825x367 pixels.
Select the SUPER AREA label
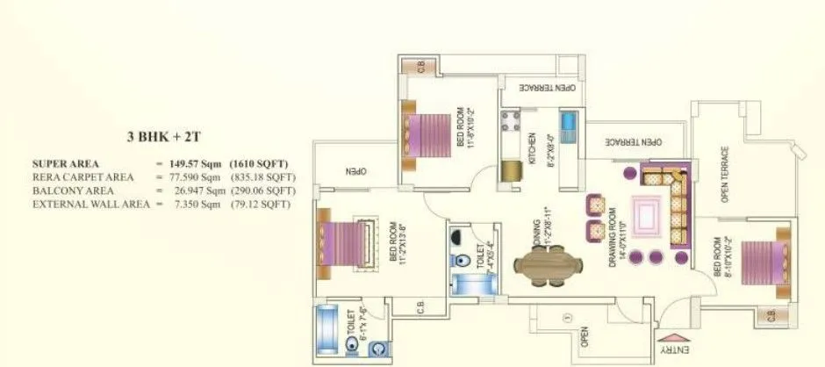pyautogui.click(x=66, y=164)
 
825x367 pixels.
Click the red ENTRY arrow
pyautogui.click(x=672, y=337)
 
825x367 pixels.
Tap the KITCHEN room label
pyautogui.click(x=532, y=146)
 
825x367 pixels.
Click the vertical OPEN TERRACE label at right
pyautogui.click(x=726, y=174)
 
